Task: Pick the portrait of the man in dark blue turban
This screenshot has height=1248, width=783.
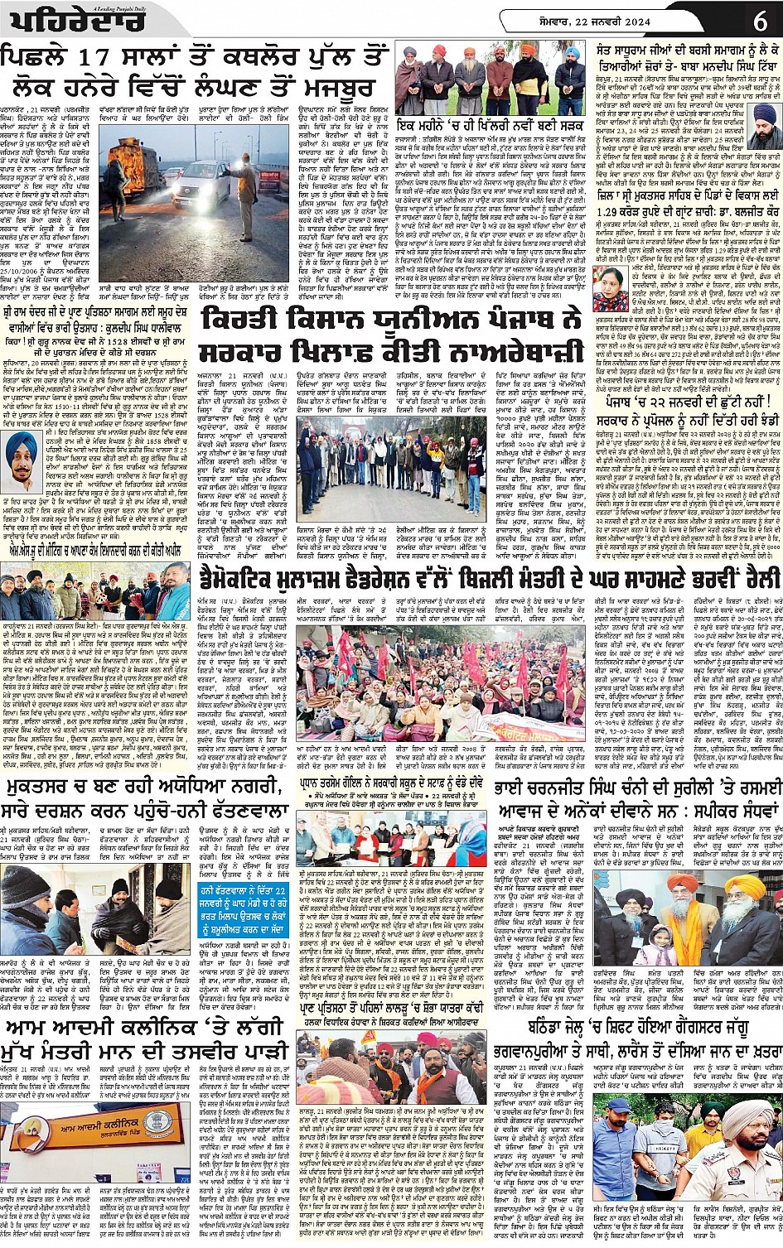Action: click(x=764, y=117)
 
